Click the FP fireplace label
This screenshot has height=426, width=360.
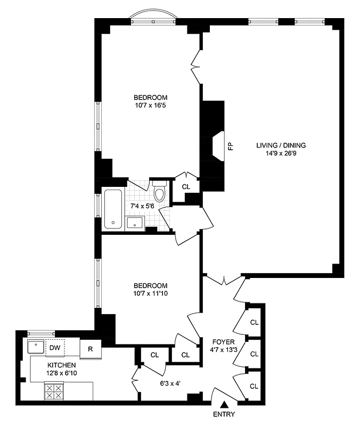pyautogui.click(x=231, y=145)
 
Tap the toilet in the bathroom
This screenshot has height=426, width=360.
pyautogui.click(x=160, y=191)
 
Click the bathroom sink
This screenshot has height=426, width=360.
pyautogui.click(x=134, y=223)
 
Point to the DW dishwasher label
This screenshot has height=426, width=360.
pyautogui.click(x=54, y=348)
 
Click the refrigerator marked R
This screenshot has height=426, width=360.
pyautogui.click(x=91, y=349)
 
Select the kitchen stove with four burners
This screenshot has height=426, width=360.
pyautogui.click(x=53, y=392)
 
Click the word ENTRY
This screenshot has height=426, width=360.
pyautogui.click(x=224, y=414)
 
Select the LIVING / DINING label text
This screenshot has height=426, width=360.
pyautogui.click(x=281, y=145)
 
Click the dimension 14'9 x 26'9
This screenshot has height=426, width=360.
pyautogui.click(x=281, y=153)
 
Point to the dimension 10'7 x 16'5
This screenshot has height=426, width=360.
pyautogui.click(x=150, y=106)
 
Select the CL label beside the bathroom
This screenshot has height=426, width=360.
pyautogui.click(x=186, y=186)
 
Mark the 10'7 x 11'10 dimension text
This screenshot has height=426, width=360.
pyautogui.click(x=150, y=293)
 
